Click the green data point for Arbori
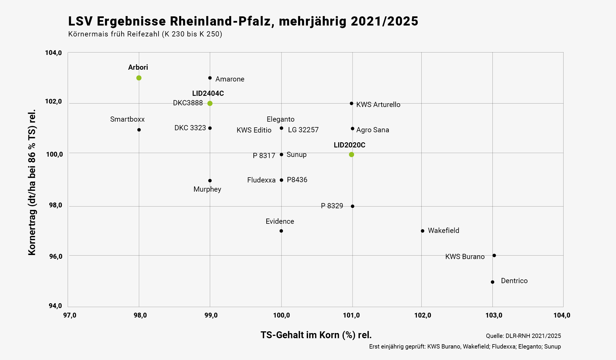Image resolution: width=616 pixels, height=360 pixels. [x=139, y=78]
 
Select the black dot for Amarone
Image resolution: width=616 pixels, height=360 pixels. [x=210, y=78]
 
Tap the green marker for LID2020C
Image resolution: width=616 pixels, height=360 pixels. [x=351, y=155]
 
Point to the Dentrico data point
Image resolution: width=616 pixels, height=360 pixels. [x=492, y=282]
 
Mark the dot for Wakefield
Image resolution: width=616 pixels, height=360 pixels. [x=423, y=231]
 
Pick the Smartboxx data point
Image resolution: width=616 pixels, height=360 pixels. [x=139, y=130]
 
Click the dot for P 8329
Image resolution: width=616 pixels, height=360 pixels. [x=353, y=206]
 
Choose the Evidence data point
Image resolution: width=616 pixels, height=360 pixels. [x=281, y=231]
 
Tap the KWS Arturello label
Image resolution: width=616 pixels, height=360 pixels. [x=378, y=105]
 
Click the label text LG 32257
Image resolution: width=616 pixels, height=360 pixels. [x=303, y=130]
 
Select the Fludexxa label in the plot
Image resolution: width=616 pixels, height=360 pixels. [x=261, y=180]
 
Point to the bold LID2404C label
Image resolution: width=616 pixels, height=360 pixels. [x=208, y=94]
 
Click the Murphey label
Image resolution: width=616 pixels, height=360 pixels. [x=207, y=189]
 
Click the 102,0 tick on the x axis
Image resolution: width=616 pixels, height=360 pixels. [x=423, y=316]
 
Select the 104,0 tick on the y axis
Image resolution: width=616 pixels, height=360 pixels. [x=53, y=53]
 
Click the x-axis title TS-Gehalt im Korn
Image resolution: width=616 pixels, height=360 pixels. [x=316, y=335]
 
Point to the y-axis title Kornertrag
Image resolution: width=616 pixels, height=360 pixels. [x=32, y=182]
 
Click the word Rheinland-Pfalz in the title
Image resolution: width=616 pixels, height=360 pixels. [x=222, y=21]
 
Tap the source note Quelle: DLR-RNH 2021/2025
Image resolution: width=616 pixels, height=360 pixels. [x=523, y=336]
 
